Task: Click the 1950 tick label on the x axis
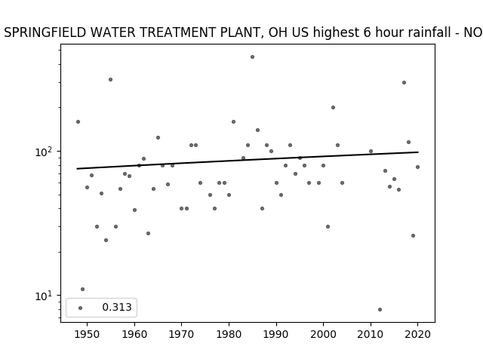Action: click(87, 334)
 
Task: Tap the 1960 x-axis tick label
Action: click(134, 334)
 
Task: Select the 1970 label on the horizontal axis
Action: click(181, 334)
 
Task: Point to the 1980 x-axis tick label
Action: click(229, 334)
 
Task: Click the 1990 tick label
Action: click(276, 334)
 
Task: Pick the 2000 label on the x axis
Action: click(323, 334)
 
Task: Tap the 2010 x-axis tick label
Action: click(371, 334)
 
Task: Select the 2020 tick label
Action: click(417, 334)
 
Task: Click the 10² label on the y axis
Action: click(45, 152)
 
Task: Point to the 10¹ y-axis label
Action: click(45, 296)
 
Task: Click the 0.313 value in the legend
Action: click(117, 307)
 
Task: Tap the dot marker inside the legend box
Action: click(81, 308)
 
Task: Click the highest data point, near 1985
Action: click(252, 57)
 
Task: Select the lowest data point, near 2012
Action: click(380, 309)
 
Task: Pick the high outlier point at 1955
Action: click(111, 79)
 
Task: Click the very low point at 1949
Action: click(82, 289)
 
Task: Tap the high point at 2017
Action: click(404, 82)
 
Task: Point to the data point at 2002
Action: click(333, 107)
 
